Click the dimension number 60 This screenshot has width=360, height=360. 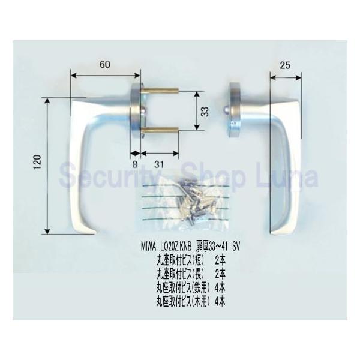tap(105, 65)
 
